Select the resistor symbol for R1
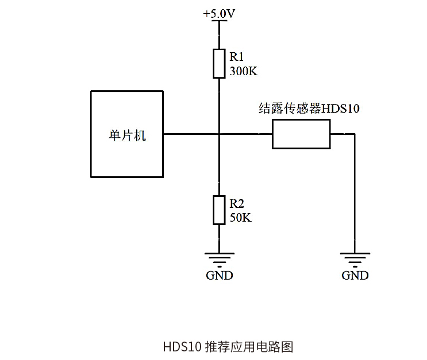point(219,63)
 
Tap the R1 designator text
point(237,57)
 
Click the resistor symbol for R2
point(219,210)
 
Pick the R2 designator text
point(237,203)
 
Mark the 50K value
point(240,218)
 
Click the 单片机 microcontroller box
point(127,155)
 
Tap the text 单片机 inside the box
point(127,136)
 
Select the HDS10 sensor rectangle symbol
point(301,134)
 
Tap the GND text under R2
point(219,275)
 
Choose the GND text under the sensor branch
point(355,275)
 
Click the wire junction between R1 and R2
point(219,134)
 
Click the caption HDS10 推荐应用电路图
point(228,347)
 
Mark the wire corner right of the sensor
point(355,134)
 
